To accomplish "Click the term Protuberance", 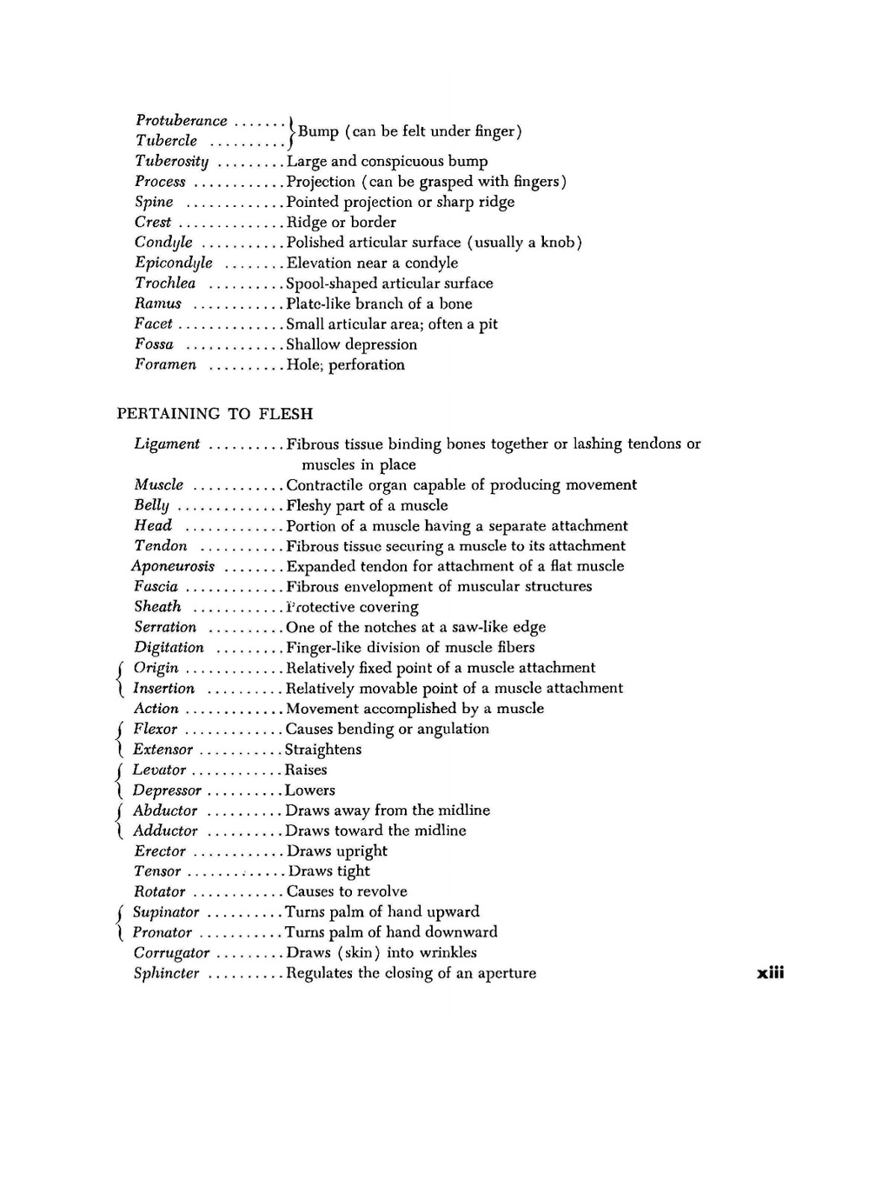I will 181,121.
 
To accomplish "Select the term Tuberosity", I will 171,161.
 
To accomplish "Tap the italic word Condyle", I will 163,243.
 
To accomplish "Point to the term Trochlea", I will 165,283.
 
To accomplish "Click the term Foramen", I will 165,364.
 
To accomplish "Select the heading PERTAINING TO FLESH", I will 215,414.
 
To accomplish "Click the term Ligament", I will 167,444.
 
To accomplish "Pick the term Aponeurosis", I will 173,566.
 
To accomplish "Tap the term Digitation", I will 169,648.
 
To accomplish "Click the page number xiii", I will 770,973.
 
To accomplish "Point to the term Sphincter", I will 166,974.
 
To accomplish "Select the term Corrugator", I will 171,953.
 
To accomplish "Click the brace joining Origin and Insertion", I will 121,678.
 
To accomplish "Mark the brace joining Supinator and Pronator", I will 121,922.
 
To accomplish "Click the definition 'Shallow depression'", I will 352,344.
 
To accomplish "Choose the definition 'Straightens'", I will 323,750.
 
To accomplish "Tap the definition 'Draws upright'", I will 337,851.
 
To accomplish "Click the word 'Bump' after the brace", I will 318,131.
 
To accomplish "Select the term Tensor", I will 157,871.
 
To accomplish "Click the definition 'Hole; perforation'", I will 346,364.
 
